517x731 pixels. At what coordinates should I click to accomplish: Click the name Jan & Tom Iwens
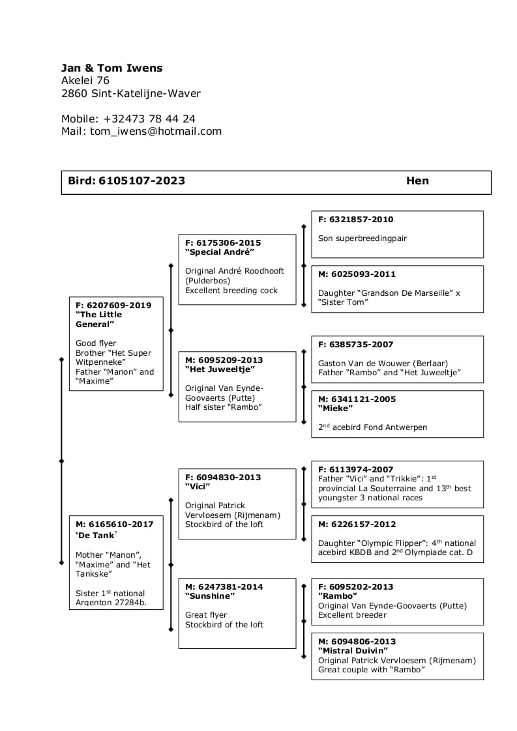pos(111,68)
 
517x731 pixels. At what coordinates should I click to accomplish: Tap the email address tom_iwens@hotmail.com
pos(156,131)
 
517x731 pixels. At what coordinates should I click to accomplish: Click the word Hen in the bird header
pos(417,181)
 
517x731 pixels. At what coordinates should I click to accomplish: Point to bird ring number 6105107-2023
pos(141,181)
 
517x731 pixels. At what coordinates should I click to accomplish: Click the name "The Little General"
pos(98,319)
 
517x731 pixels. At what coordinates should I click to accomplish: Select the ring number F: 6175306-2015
pos(223,243)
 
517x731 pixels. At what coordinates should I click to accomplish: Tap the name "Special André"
pos(219,252)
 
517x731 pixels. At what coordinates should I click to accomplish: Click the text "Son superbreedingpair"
pos(362,238)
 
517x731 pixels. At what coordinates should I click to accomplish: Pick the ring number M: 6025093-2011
pos(357,274)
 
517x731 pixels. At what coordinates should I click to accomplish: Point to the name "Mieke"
pos(335,408)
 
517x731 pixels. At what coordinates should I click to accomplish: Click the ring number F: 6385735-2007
pos(355,345)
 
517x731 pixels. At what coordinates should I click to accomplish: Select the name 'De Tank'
pos(96,536)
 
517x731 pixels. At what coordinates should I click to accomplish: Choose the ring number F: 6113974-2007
pos(355,470)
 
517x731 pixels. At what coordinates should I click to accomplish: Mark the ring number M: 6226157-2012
pos(357,524)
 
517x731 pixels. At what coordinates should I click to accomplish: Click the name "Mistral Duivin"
pos(353,651)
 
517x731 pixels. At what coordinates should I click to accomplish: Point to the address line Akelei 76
pos(85,81)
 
